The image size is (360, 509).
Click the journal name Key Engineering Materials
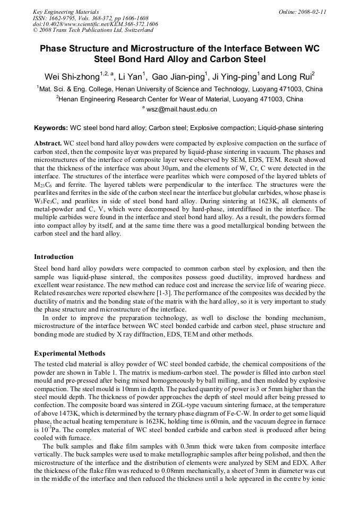point(66,11)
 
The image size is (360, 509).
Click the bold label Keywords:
point(51,128)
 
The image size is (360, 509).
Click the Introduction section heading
point(54,257)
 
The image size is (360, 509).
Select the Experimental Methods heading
point(70,353)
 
